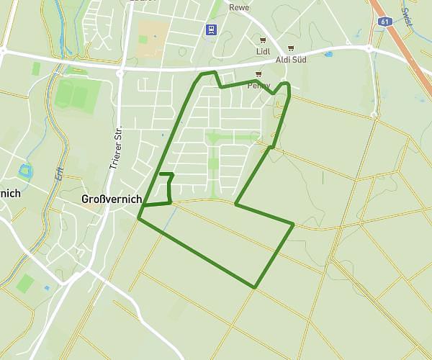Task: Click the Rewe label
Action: pos(238,7)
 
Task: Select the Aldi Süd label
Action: pos(291,59)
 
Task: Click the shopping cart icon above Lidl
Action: pos(263,40)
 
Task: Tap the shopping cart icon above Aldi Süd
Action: pos(291,48)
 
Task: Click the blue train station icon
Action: pos(212,30)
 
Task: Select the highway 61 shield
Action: pos(383,21)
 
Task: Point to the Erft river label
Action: pos(59,173)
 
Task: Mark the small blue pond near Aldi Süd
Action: pos(328,54)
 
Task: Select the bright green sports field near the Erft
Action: pos(73,94)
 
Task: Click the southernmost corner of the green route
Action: pos(255,287)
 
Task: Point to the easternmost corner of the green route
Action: pos(294,224)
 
